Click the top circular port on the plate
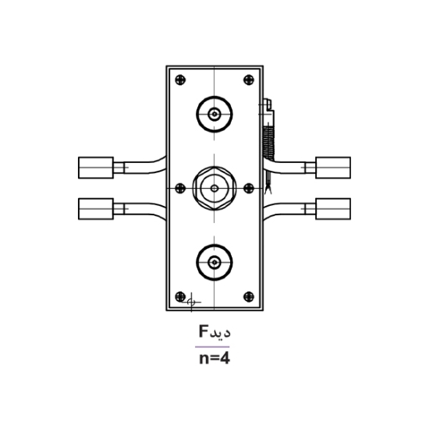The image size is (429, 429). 214,115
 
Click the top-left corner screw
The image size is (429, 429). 181,78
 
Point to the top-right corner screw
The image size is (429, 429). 248,78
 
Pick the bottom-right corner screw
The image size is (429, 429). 248,296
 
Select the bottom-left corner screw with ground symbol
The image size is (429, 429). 182,296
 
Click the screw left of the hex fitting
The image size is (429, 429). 180,187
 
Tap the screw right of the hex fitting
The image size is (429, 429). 249,187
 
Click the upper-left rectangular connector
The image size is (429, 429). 96,167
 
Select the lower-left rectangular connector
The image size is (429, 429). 96,208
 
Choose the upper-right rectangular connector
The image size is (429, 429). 333,166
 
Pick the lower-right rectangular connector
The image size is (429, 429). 333,207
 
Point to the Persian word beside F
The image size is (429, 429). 222,332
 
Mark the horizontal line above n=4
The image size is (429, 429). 214,346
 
